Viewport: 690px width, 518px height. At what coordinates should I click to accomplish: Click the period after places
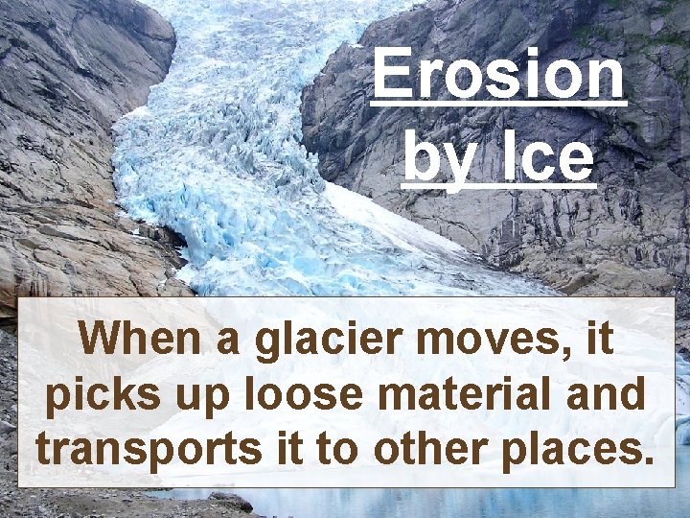648,461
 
